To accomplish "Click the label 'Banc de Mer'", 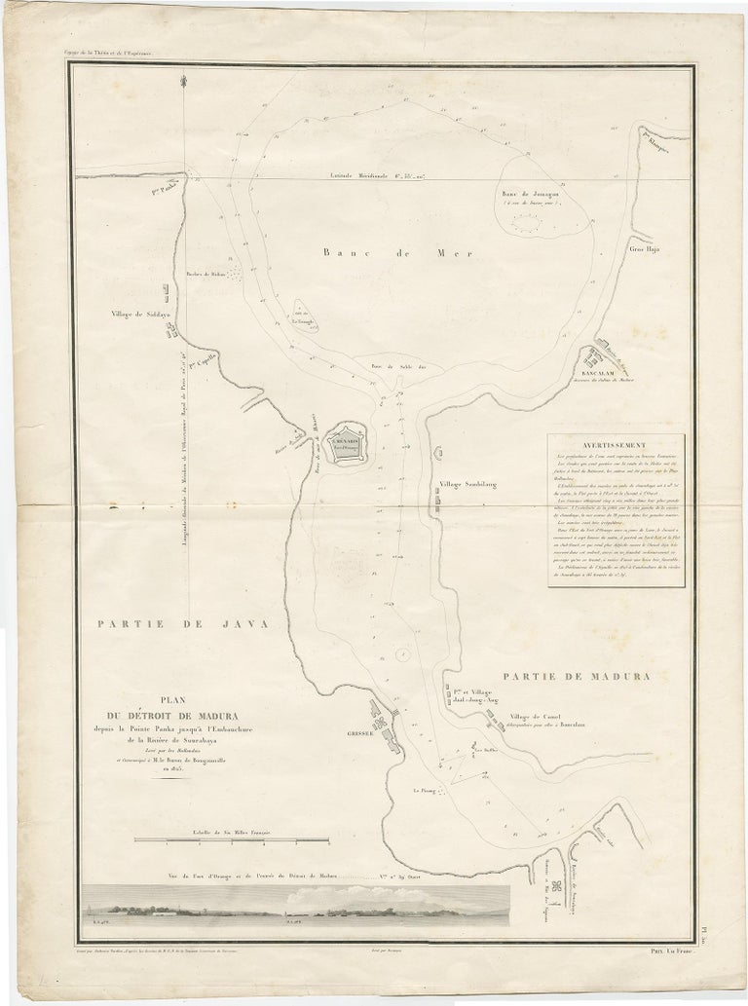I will coord(396,252).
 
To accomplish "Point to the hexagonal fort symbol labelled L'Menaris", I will coord(345,444).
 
